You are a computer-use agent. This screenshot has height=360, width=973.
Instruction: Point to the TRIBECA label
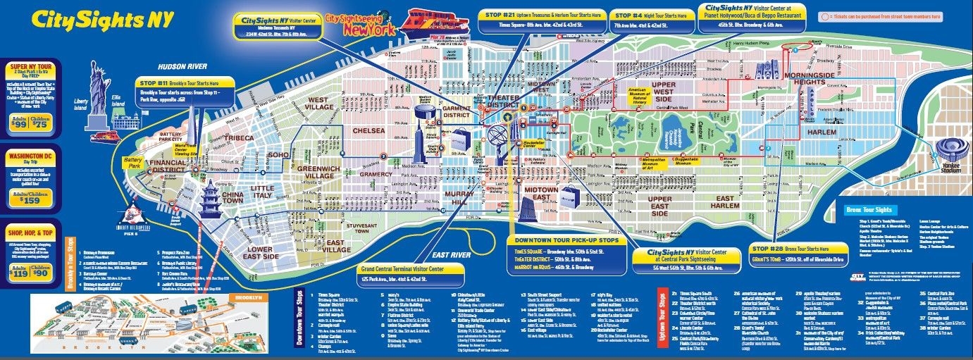click(239, 138)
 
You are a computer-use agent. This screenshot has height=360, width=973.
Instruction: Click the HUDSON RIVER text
click(182, 66)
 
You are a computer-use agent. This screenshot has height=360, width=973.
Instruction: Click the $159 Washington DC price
click(30, 200)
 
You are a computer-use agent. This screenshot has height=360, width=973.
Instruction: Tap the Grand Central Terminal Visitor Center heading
click(411, 269)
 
